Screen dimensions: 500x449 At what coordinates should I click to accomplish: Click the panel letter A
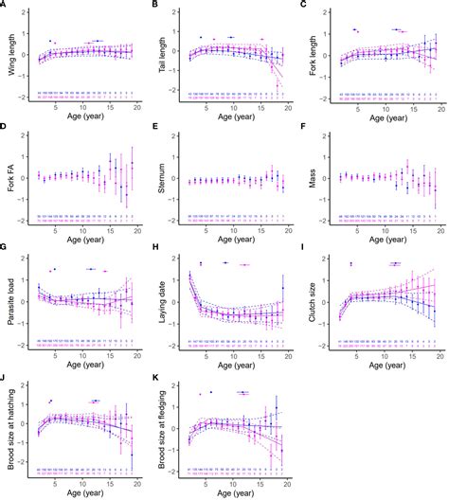(5, 5)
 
